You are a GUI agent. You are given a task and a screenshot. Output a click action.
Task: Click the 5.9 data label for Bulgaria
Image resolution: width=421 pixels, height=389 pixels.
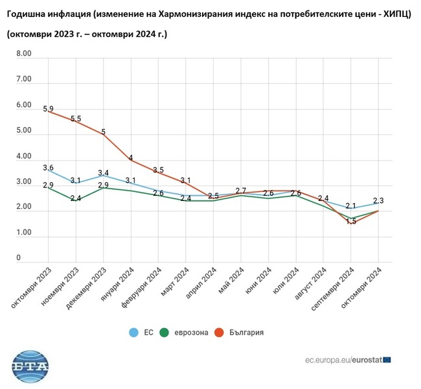(x=48, y=110)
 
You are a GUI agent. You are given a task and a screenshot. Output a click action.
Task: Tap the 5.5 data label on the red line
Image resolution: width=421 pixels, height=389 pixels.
(x=76, y=119)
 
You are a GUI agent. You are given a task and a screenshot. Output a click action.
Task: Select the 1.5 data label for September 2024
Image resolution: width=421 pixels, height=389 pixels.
(x=351, y=222)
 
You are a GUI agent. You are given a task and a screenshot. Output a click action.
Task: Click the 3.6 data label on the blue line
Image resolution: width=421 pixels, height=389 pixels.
(x=48, y=168)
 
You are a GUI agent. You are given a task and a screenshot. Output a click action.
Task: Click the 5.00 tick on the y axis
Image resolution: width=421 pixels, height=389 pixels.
(x=23, y=131)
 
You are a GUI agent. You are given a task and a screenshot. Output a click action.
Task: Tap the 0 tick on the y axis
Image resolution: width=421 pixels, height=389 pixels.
(x=19, y=258)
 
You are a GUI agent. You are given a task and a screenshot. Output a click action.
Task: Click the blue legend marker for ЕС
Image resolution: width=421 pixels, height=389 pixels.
(x=134, y=333)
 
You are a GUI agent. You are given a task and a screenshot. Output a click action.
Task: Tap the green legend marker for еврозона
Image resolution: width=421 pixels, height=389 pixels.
(x=165, y=333)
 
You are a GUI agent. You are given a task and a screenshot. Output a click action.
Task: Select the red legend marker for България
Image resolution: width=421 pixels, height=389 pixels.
(x=219, y=333)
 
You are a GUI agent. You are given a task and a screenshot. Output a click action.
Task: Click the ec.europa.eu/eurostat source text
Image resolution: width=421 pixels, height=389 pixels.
(x=343, y=359)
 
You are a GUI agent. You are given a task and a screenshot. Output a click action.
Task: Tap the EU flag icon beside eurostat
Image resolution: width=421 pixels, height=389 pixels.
(x=387, y=359)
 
